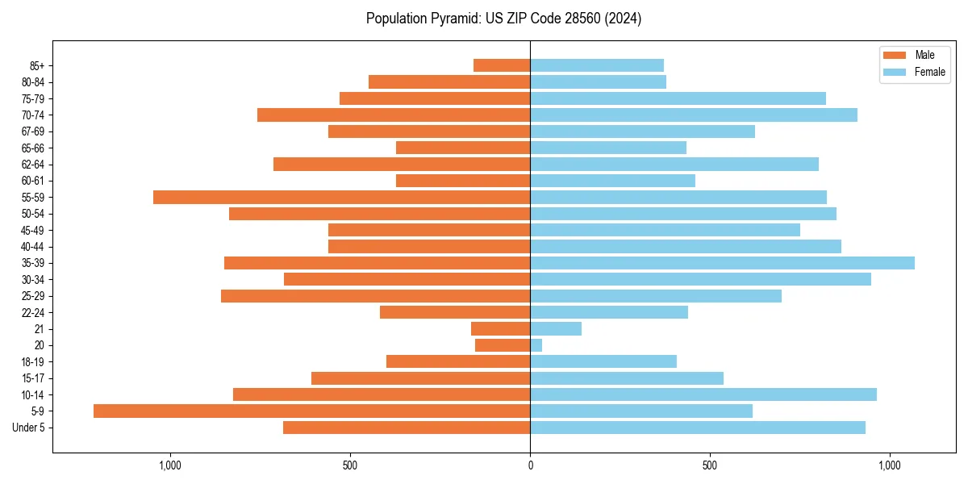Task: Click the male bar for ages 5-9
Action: pos(311,411)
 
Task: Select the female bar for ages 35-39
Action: pos(722,263)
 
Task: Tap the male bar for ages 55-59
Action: pos(341,197)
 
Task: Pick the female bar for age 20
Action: pos(536,345)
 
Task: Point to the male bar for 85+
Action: pos(502,65)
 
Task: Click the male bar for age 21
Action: pos(501,328)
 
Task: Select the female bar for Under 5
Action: pos(698,428)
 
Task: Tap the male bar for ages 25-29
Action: pos(375,296)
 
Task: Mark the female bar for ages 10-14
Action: pos(703,394)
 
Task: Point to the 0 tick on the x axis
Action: pos(530,465)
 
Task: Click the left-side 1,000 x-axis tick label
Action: pos(170,465)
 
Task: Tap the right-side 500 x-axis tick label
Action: pos(710,465)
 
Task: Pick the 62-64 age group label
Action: pos(33,165)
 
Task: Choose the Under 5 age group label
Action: pos(28,428)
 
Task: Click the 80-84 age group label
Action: pos(33,82)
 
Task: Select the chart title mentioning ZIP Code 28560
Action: pos(503,19)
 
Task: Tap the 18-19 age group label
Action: pos(33,361)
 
